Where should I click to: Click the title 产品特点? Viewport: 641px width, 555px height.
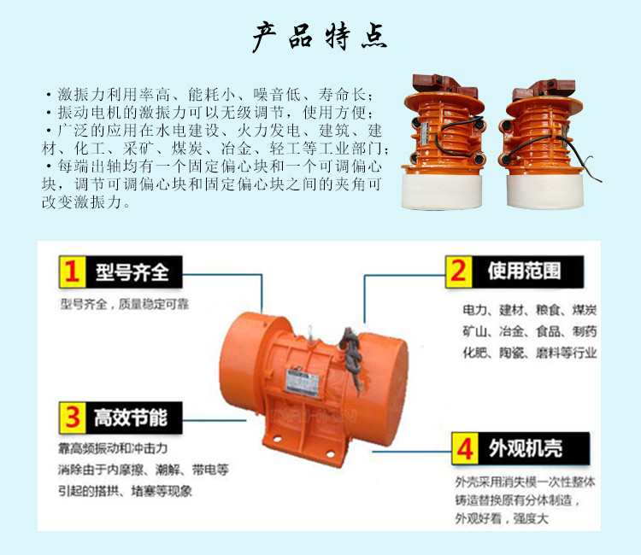click(320, 37)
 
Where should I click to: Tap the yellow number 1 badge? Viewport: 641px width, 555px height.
click(73, 272)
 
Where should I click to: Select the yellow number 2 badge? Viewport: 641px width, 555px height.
click(459, 272)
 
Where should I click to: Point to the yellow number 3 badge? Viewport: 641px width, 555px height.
click(73, 418)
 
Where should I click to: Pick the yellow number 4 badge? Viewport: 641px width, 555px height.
click(465, 448)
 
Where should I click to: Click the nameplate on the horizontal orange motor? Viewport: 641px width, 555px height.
click(302, 383)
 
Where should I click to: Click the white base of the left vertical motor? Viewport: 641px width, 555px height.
click(442, 190)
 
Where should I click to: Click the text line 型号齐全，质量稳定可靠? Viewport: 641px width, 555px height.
click(125, 304)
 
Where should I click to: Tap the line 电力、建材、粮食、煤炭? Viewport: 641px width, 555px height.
click(529, 310)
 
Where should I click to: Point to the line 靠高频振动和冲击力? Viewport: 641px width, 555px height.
click(113, 448)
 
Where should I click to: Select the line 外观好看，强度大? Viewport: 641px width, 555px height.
click(502, 518)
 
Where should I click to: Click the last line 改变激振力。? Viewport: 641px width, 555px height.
click(85, 202)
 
